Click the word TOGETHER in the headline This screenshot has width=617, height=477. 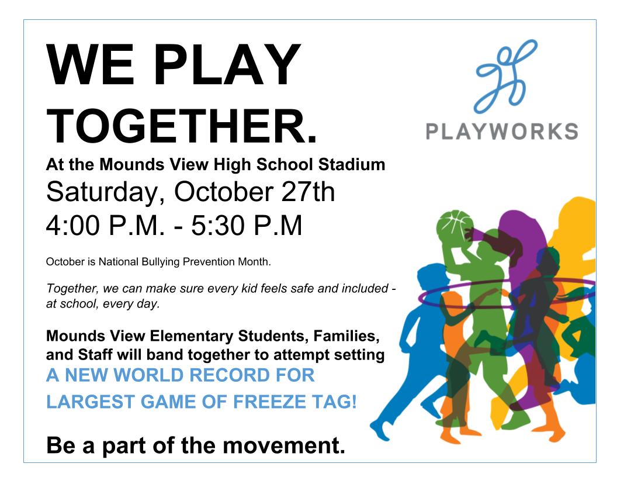click(x=177, y=126)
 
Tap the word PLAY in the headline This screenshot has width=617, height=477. click(x=227, y=64)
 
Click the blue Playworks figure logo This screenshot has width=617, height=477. click(x=506, y=77)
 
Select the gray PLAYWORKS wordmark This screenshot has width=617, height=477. click(x=502, y=132)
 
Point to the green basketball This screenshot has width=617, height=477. click(x=454, y=227)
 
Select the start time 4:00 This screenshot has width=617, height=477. click(x=73, y=226)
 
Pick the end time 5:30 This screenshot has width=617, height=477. click(x=219, y=226)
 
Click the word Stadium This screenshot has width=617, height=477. click(x=351, y=164)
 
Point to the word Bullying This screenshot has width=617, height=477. click(x=160, y=262)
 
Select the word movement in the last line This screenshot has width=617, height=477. click(x=283, y=445)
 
